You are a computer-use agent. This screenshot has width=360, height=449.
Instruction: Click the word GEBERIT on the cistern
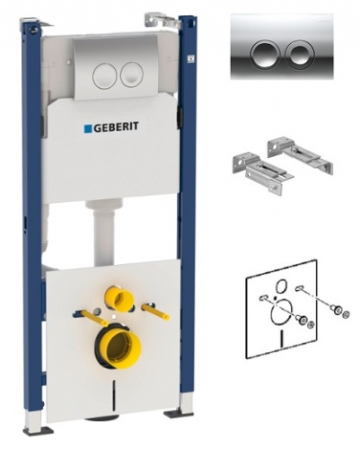tap(117, 127)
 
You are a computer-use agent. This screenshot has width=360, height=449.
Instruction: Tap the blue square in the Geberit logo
tap(87, 128)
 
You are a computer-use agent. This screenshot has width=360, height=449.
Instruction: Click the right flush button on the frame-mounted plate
tap(132, 75)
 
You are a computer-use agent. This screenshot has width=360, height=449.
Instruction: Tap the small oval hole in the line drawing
tap(281, 285)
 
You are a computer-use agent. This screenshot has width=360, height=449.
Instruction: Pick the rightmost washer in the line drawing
tap(345, 314)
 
